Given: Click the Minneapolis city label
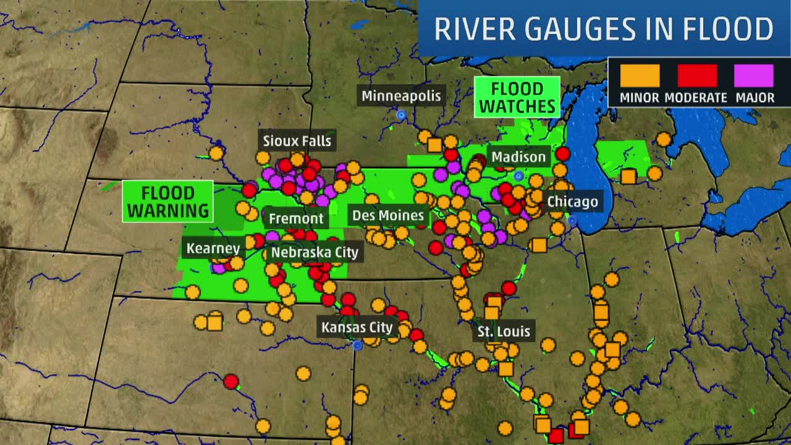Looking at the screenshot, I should (x=401, y=96).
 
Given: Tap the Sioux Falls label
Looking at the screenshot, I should (x=297, y=141).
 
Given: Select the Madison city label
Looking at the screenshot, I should (x=518, y=157).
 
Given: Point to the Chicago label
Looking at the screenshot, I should (x=572, y=201).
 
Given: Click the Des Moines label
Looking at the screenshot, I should (x=388, y=216).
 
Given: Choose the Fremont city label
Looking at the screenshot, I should (x=296, y=219).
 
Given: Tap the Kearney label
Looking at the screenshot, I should (x=213, y=248).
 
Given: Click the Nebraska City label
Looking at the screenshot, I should (x=315, y=252).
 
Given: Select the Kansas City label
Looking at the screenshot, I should (x=357, y=328).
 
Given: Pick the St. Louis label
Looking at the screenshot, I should (x=504, y=331).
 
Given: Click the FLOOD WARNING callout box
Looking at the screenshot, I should (x=167, y=201).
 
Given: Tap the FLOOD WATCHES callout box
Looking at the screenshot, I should (x=517, y=98).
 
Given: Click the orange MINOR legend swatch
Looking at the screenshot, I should (x=640, y=76).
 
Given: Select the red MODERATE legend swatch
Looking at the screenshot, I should (x=697, y=76).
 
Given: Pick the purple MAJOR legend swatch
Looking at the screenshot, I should (x=754, y=76).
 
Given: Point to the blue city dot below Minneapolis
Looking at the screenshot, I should (x=401, y=115).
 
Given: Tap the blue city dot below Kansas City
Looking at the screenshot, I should (x=357, y=345).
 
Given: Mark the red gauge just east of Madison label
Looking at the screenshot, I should (x=562, y=153).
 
